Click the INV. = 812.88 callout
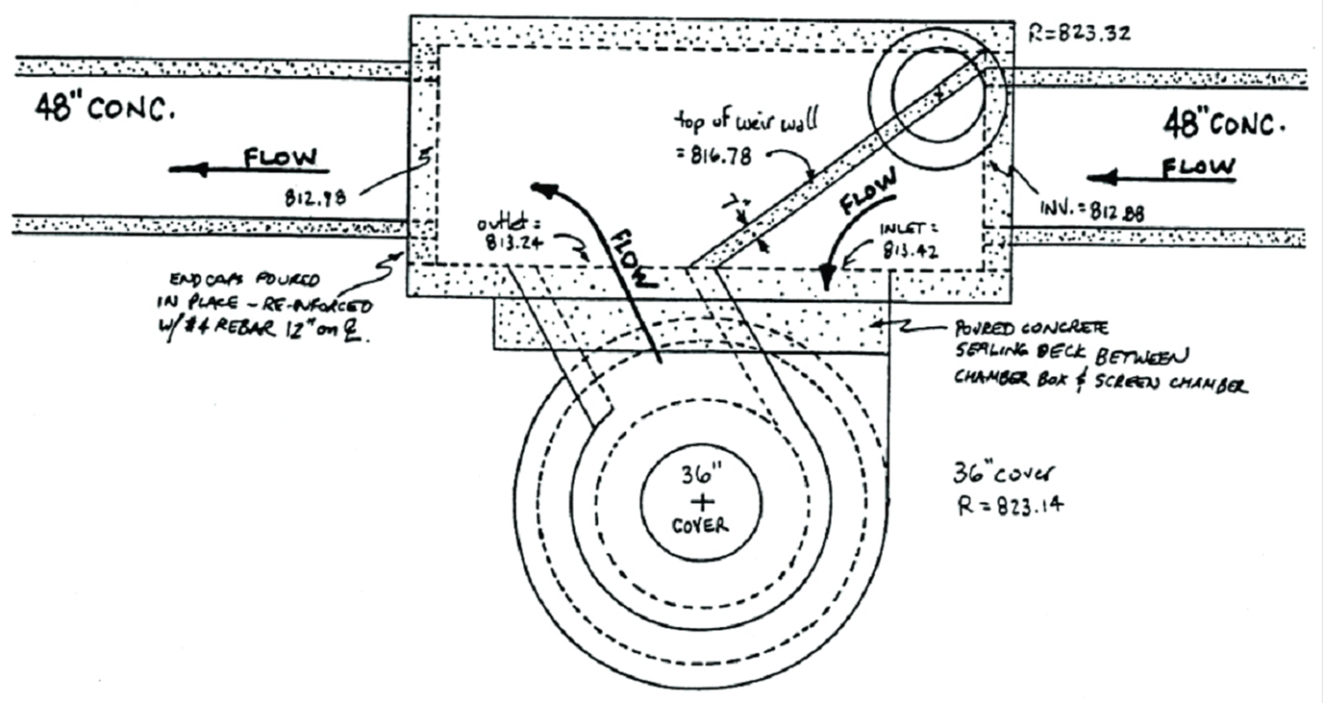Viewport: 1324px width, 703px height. pyautogui.click(x=1091, y=212)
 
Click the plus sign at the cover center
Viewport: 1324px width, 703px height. pyautogui.click(x=701, y=501)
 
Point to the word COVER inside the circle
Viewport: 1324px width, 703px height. pyautogui.click(x=701, y=526)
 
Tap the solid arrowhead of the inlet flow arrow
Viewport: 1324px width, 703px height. pyautogui.click(x=826, y=277)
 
